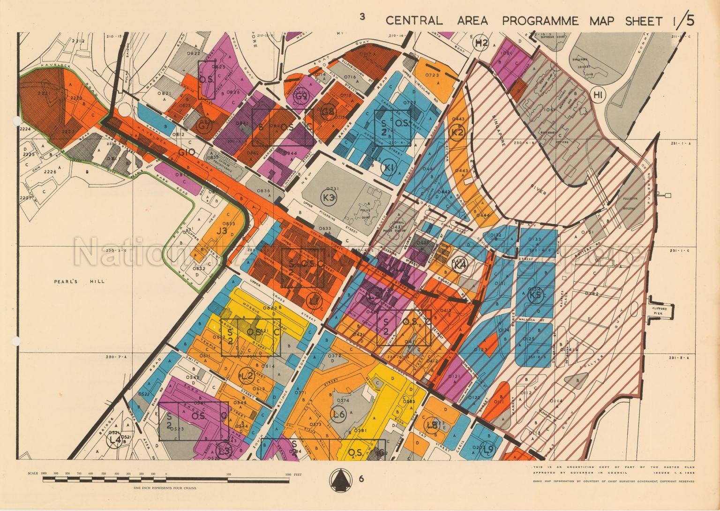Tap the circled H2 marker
coord(481,44)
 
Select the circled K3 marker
coord(330,198)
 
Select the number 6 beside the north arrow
coord(361,479)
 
